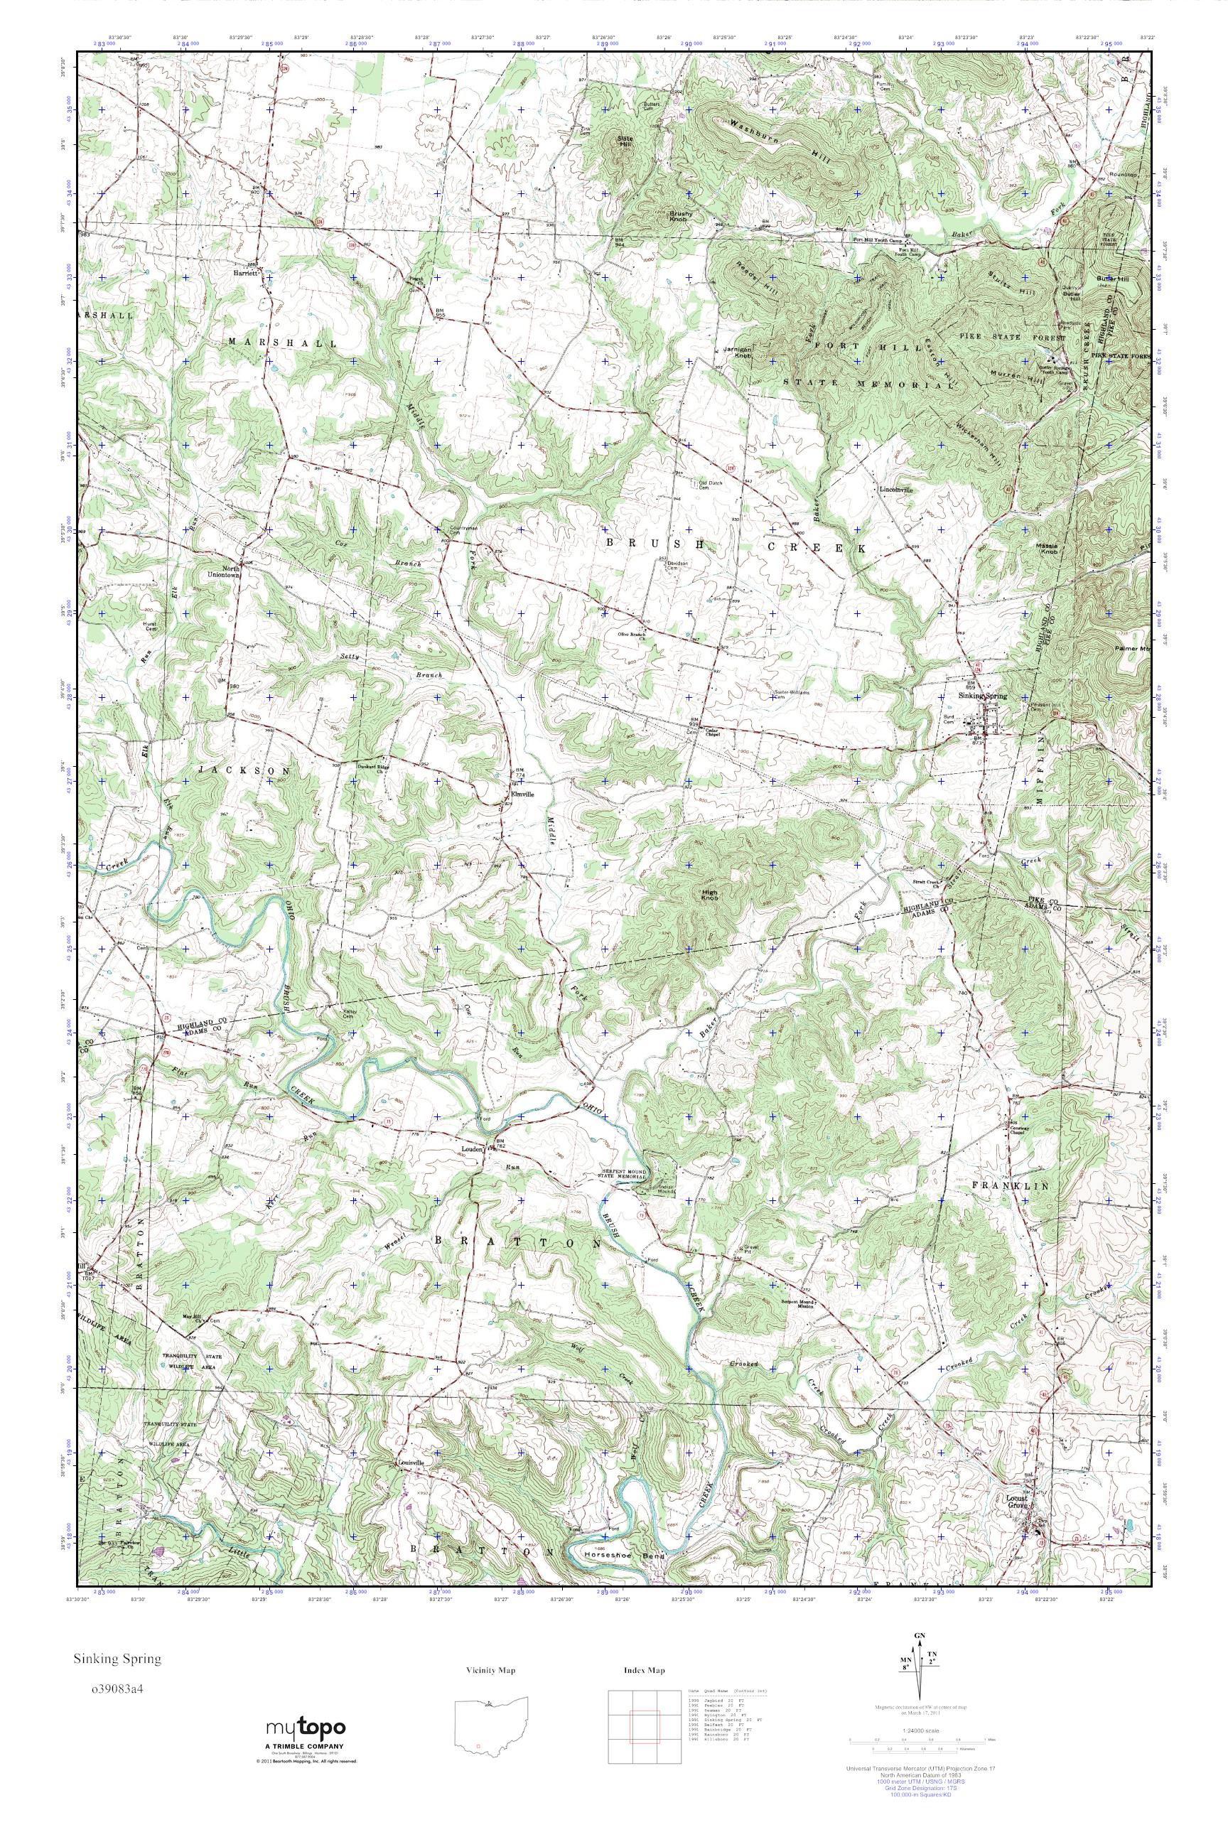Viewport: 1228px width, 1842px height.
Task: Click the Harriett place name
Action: (244, 274)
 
